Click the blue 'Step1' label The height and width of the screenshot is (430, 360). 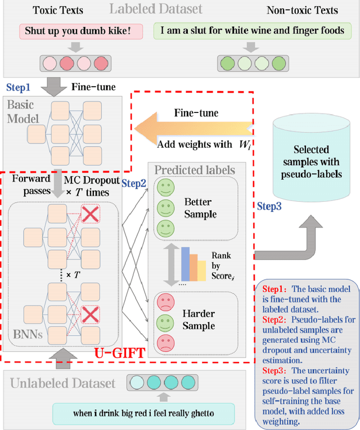[19, 87]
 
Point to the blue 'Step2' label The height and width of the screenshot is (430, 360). [134, 183]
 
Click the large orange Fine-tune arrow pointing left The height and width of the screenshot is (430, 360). [191, 128]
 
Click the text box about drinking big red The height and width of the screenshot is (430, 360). [143, 413]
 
